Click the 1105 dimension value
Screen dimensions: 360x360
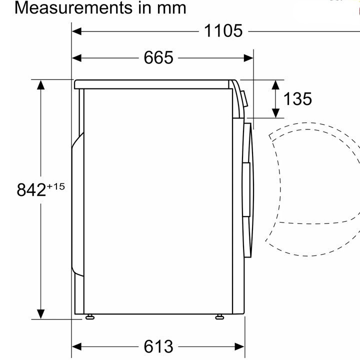(x=223, y=31)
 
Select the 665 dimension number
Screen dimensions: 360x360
(x=158, y=57)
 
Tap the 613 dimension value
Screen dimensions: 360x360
(x=158, y=346)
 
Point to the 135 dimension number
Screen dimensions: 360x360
(x=298, y=99)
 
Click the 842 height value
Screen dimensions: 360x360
(x=31, y=190)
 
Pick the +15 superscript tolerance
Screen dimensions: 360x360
(x=56, y=186)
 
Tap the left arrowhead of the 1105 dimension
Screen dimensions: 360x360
(x=76, y=31)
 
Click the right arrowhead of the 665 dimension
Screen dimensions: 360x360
(x=248, y=58)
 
